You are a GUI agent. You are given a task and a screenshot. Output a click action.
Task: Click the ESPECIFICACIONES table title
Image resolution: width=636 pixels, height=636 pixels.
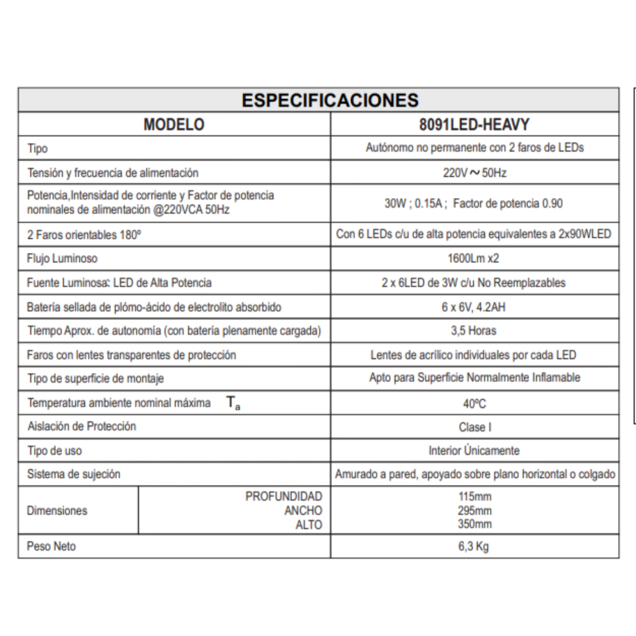(330, 100)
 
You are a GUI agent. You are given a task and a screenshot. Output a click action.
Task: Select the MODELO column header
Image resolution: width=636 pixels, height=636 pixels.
(174, 124)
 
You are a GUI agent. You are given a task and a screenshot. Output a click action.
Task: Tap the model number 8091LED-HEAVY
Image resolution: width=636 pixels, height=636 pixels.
(475, 124)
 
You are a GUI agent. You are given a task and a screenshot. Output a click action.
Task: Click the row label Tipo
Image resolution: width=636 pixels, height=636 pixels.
(37, 148)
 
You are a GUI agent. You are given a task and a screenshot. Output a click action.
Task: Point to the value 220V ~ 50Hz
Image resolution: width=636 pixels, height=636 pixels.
(475, 173)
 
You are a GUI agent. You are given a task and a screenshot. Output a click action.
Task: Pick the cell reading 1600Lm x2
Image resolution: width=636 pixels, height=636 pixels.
(475, 258)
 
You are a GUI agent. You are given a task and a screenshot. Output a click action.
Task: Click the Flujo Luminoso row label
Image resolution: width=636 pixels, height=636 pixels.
(62, 258)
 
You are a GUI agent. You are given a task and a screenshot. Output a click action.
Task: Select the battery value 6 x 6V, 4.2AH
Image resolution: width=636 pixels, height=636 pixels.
(475, 307)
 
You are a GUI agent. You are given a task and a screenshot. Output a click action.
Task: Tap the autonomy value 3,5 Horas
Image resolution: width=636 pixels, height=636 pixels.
(475, 331)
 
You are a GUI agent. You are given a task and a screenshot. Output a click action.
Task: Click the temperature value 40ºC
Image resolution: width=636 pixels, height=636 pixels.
(475, 404)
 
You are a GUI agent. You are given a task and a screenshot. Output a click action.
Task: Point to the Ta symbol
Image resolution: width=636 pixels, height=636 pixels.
(233, 404)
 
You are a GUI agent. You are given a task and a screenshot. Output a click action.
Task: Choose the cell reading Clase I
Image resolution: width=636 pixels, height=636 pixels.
(475, 427)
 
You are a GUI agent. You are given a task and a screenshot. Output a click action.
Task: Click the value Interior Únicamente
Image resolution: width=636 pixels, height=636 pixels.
(475, 451)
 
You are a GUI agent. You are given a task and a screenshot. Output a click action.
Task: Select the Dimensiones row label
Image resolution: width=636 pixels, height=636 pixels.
(57, 511)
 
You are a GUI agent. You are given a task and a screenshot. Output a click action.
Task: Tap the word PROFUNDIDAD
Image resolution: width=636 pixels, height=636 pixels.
(284, 496)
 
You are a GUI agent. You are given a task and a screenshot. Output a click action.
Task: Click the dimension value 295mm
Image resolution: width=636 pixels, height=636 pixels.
(474, 511)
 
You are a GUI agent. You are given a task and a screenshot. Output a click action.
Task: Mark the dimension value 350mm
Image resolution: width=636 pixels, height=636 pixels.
(474, 524)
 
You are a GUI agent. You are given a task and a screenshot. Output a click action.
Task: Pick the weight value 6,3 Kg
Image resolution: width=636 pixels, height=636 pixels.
(474, 547)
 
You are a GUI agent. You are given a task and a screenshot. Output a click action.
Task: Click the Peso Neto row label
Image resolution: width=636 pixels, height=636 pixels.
(52, 547)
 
